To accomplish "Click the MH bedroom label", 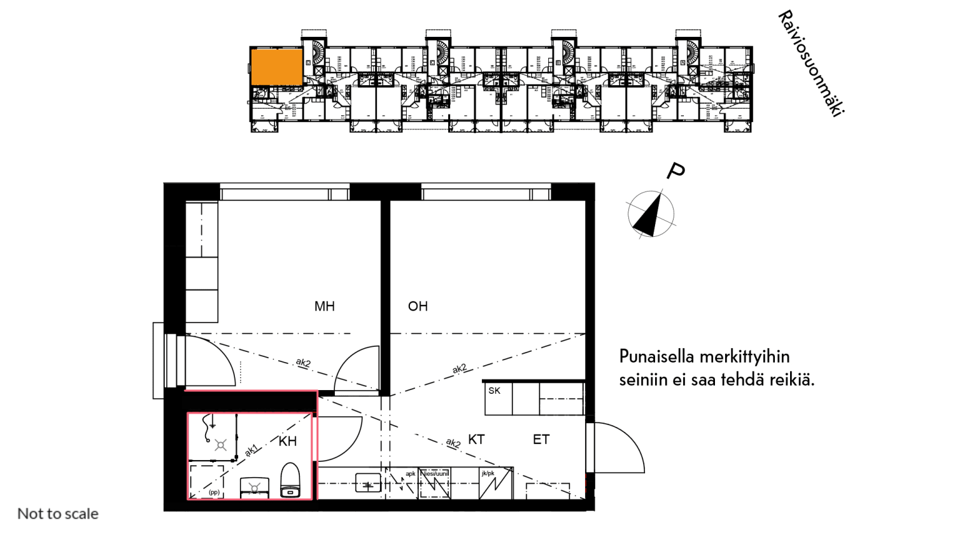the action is (x=324, y=307).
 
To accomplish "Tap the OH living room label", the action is (x=418, y=307).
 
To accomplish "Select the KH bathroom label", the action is (x=288, y=441).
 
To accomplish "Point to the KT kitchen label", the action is (x=476, y=440).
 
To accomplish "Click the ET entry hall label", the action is (x=541, y=440).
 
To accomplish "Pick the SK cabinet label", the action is (x=494, y=391).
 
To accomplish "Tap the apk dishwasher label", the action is (x=411, y=474).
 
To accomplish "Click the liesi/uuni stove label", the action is (x=436, y=474).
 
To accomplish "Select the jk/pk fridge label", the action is (x=488, y=474).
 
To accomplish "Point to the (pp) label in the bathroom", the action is (x=214, y=492).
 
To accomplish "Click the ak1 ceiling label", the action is (x=251, y=450).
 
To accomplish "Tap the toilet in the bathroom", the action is (x=290, y=480).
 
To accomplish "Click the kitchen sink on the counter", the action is (x=368, y=484).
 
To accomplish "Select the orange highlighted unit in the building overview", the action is (x=276, y=67).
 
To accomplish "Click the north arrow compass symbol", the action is (x=651, y=214).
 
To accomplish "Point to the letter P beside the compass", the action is (x=676, y=171).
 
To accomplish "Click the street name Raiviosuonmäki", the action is (x=810, y=63).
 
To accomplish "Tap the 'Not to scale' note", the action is (x=58, y=513).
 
